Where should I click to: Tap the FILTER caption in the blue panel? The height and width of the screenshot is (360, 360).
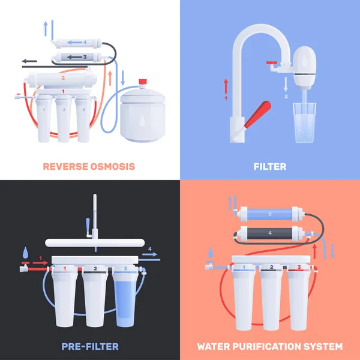(269, 166)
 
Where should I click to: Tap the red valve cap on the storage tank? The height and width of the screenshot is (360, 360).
(143, 81)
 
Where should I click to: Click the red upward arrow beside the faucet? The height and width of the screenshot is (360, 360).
(226, 85)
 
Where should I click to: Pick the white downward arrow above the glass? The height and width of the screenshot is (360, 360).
(286, 85)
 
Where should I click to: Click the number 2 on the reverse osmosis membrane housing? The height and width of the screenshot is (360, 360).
(62, 78)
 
